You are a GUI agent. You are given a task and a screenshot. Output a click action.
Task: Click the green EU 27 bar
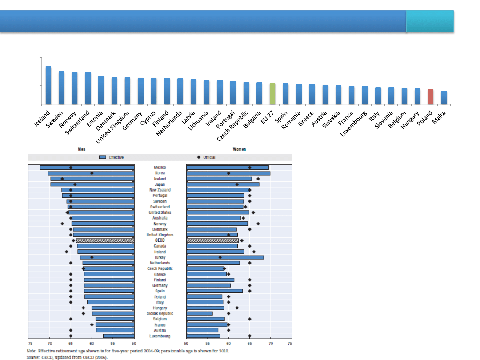272,93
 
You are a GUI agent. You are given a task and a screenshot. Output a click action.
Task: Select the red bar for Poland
431,96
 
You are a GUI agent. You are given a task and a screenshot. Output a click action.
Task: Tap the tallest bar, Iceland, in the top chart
48,85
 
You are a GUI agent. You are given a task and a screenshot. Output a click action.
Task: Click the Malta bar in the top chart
444,97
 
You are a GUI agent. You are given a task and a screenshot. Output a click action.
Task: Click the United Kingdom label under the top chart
113,126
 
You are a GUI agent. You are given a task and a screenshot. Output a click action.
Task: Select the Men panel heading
81,149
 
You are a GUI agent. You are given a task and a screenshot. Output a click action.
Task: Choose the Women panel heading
239,149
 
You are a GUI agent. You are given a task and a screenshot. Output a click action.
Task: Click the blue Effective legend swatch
102,157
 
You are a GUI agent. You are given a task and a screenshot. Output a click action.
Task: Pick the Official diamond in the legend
198,157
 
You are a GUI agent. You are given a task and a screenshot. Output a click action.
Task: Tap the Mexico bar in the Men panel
87,168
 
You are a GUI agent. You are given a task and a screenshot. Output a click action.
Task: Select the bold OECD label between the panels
160,240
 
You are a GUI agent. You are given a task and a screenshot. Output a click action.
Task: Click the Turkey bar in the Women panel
225,257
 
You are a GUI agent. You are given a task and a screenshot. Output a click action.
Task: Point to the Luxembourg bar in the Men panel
119,336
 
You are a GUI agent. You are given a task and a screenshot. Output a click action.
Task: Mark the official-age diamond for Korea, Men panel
92,173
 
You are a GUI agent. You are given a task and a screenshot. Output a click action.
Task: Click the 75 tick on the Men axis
30,343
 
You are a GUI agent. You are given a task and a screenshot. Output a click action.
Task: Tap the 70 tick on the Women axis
270,343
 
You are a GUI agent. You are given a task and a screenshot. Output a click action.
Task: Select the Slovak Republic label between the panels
160,313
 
